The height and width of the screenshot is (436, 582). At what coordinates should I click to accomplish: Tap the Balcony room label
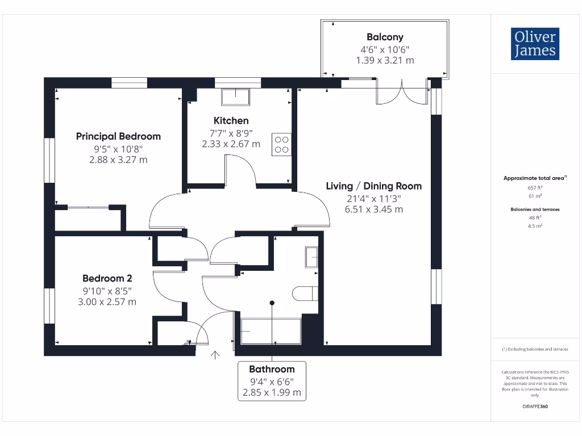385,37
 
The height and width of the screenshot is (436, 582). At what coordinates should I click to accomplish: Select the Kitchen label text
231,120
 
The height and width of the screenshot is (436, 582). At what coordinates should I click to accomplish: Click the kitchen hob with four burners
281,144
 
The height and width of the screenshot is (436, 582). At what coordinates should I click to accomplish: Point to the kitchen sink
235,97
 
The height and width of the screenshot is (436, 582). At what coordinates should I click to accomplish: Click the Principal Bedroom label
118,136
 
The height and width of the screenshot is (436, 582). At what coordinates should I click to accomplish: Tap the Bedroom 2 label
107,278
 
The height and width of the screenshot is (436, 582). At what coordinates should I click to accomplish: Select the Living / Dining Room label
373,186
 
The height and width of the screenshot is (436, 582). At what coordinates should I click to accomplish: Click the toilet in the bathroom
305,294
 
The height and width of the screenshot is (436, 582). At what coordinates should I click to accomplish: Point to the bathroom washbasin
311,257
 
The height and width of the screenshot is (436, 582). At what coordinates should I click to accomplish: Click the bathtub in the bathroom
271,331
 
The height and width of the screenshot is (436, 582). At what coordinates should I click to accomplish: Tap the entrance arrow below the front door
215,356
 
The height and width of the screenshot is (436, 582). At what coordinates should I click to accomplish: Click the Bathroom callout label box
272,381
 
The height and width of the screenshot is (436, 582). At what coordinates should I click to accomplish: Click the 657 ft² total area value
534,187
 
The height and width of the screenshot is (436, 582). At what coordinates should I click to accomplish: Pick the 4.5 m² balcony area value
534,226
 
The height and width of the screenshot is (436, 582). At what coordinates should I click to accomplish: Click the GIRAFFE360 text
534,406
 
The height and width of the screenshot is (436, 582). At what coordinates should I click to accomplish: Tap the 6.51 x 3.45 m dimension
373,209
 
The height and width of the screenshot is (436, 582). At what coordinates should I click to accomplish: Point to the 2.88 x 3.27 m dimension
118,160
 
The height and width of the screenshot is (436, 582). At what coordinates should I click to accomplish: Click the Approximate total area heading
534,178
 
